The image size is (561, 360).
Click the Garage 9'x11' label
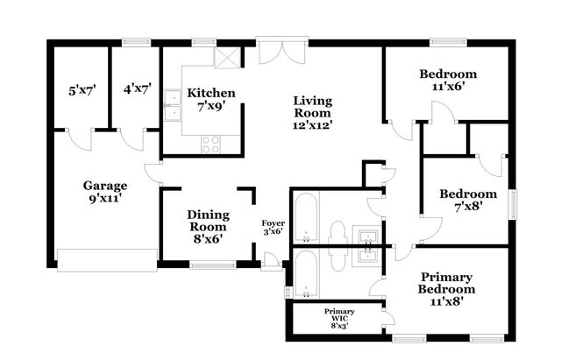coord(105,192)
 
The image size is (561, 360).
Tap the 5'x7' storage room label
coord(82,89)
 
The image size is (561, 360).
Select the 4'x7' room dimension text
coord(138,89)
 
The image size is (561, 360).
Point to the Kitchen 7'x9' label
coord(211,99)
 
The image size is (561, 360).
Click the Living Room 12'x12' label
coord(312,112)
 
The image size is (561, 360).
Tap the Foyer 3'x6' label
coord(273,227)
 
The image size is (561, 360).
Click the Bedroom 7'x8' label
coord(468,201)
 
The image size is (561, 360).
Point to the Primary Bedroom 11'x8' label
coord(446,288)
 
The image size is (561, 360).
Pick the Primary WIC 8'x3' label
coord(339,317)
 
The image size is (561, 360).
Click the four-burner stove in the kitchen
coord(212,145)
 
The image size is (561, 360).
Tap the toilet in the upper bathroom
coord(337,233)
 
